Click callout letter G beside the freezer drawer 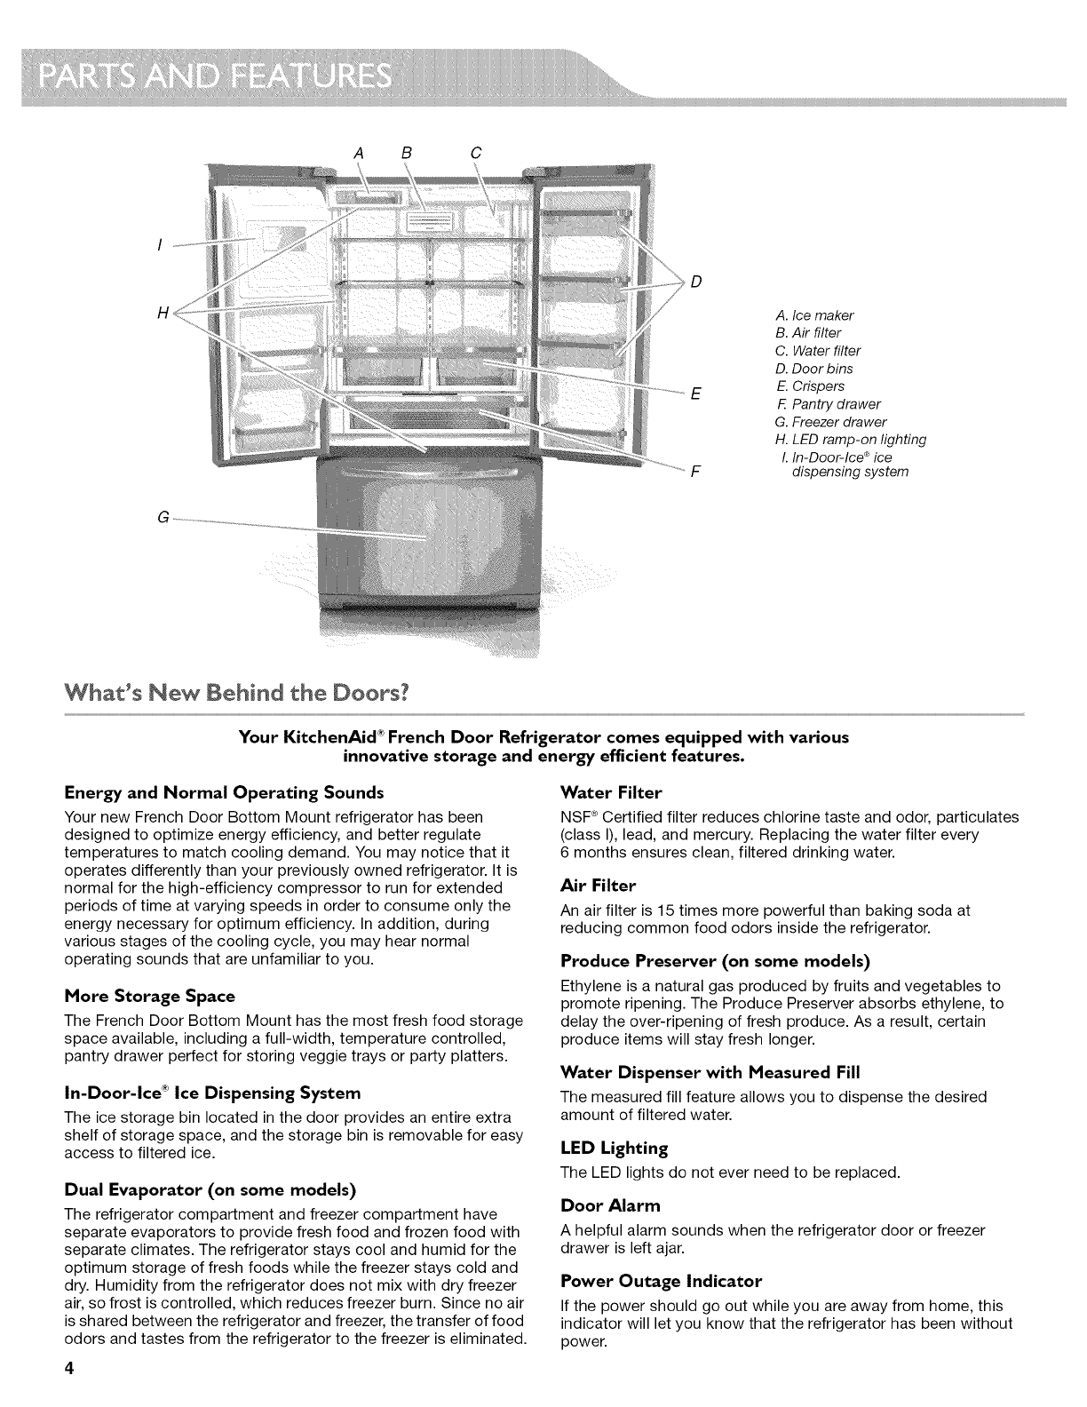163,518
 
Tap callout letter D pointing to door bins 696,282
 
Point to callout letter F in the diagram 695,472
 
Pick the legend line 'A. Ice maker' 814,315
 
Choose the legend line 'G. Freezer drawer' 830,422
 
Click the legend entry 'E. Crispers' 809,386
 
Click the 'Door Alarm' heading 611,1205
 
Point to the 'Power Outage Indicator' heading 662,1281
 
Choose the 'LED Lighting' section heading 615,1148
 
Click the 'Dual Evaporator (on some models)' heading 210,1188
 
